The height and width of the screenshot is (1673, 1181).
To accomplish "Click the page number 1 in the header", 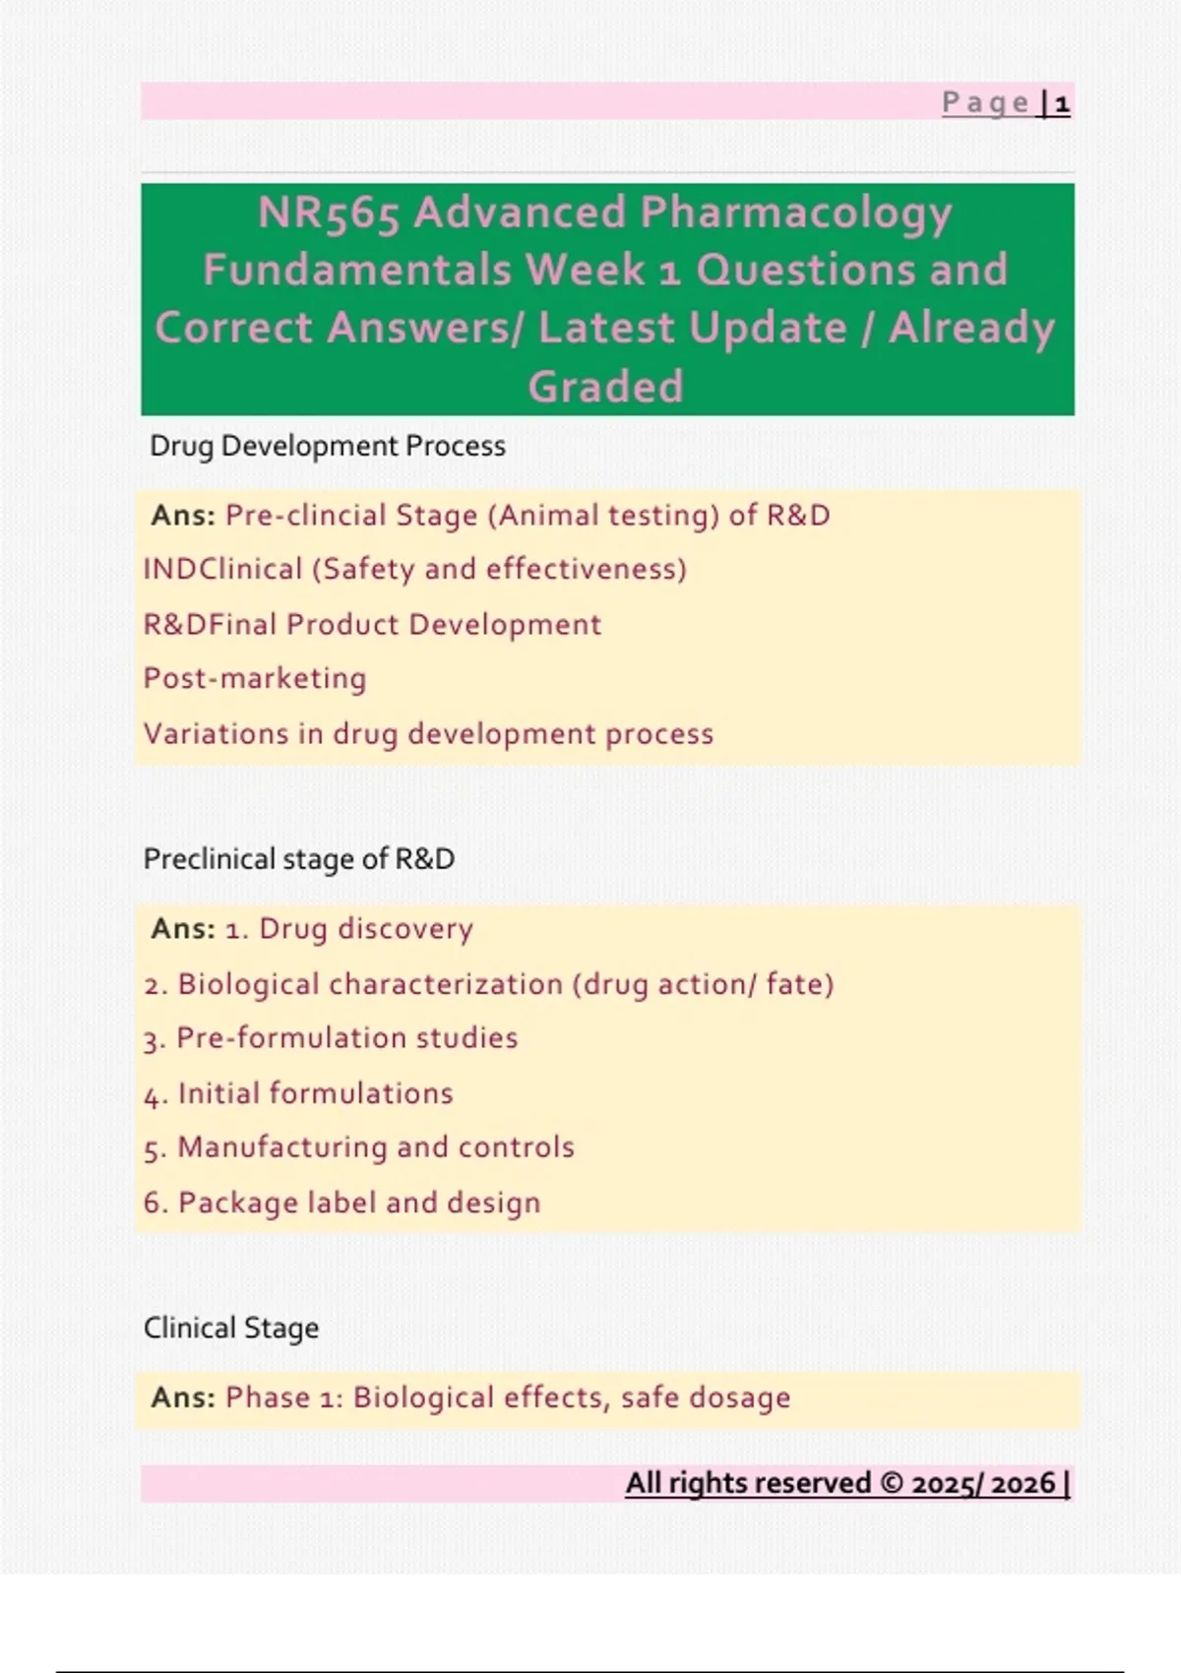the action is click(1062, 103).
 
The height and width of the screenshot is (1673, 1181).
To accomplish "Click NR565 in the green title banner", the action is click(329, 213).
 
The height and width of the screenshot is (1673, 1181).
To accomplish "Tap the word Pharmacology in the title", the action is click(795, 213).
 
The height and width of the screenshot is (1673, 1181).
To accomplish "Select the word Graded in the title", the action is click(606, 386).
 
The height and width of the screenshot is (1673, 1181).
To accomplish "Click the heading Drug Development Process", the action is click(328, 447).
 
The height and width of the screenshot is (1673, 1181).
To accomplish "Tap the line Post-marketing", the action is click(255, 679).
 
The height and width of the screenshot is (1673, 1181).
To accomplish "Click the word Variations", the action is click(216, 734).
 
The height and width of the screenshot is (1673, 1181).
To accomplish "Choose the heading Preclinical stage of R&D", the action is click(299, 860).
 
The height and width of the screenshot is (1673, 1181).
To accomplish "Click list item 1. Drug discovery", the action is click(348, 929).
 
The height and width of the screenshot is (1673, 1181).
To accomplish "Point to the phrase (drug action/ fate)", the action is click(703, 984).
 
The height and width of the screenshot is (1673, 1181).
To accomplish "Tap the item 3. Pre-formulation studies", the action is click(330, 1039).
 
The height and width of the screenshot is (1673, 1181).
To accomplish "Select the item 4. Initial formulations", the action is click(298, 1094).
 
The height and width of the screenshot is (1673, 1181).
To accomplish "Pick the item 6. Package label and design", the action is click(342, 1204).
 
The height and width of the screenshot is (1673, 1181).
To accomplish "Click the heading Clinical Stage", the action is click(231, 1329).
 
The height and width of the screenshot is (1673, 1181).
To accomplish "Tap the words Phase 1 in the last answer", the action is click(280, 1398).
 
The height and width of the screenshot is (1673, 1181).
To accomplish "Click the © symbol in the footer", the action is click(892, 1483).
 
